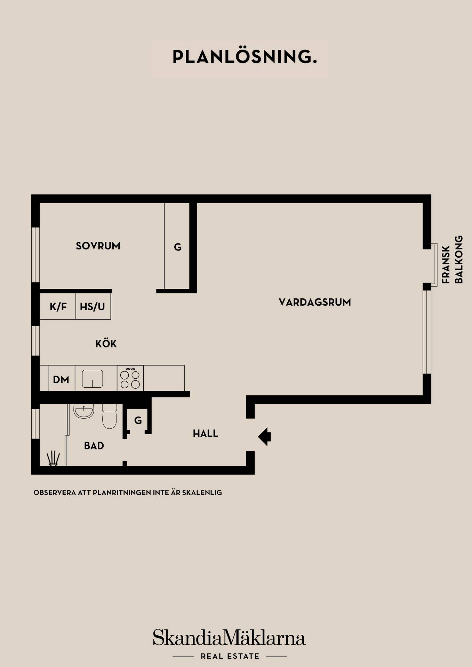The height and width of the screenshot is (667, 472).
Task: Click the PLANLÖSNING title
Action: pos(245,57)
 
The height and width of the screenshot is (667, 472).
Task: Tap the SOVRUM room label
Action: pos(98,246)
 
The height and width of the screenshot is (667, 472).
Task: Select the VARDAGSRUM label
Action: pos(315,302)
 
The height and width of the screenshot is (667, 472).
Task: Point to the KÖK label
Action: pos(106,344)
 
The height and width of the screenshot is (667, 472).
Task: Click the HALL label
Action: pos(206,434)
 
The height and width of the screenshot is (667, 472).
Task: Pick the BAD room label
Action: pos(94,446)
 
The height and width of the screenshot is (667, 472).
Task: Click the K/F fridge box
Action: pos(58,306)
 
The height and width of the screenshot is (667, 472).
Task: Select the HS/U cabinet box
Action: pos(93,306)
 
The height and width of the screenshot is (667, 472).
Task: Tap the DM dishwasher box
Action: pos(62,378)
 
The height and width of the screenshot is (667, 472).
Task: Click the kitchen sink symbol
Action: pos(93,378)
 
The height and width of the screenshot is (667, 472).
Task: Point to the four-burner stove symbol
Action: pos(130,378)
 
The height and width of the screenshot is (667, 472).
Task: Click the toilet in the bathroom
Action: pos(110,416)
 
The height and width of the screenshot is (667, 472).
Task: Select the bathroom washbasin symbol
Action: pos(84,411)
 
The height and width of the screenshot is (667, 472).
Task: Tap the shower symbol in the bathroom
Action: pos(53,458)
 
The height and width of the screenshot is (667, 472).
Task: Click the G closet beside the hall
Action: pos(138,420)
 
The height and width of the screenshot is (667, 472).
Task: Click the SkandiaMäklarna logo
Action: pos(230,638)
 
